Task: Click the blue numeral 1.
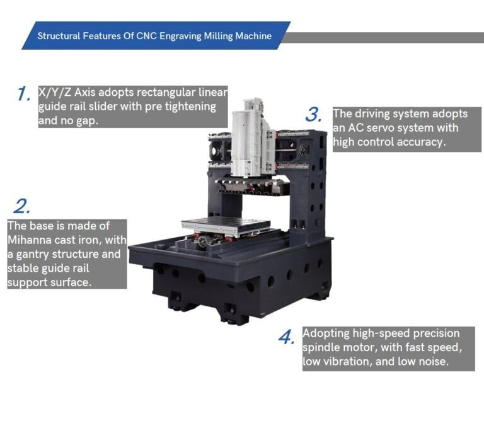click(24, 95)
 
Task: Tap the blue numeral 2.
click(21, 206)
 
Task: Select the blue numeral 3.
click(314, 115)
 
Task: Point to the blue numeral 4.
click(287, 337)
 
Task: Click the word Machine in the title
click(251, 36)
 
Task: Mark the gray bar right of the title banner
click(384, 38)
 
